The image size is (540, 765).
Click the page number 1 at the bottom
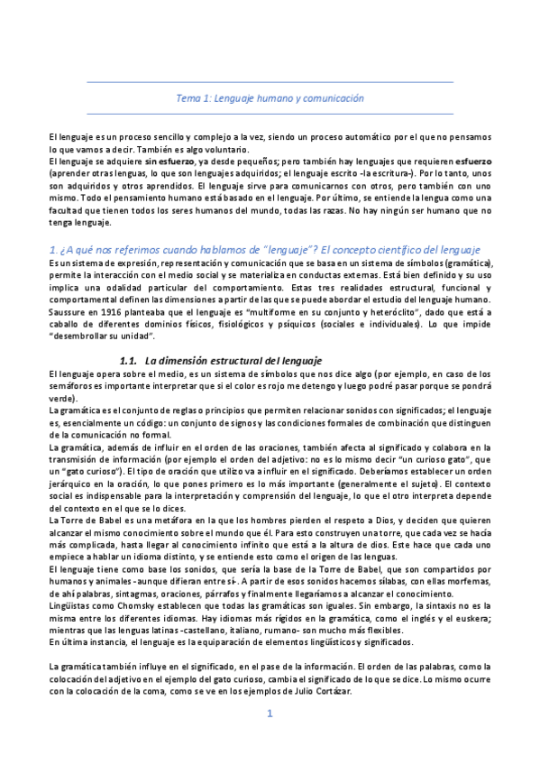(269, 739)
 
